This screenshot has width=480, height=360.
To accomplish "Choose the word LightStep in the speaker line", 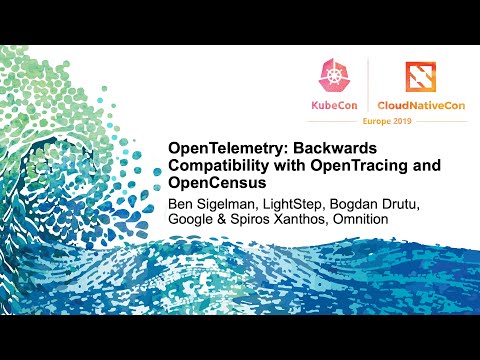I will (297, 207).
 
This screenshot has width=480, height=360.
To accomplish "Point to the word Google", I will (194, 226).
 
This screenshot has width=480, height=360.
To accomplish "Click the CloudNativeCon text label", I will (422, 104).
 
